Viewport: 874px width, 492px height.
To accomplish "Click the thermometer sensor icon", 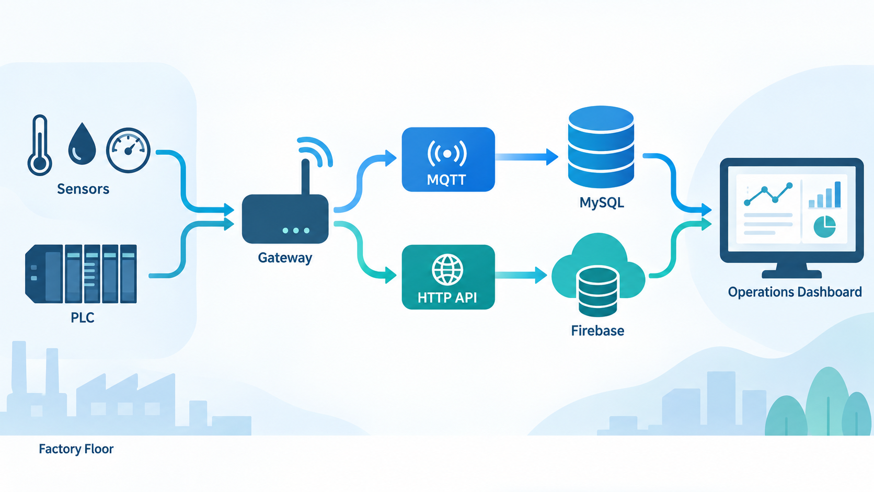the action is point(40,145).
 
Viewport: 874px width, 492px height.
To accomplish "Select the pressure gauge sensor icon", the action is point(129,150).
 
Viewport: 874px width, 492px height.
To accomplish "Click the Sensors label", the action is point(83,189).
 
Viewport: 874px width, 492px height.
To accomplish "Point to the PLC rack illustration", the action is point(81,274).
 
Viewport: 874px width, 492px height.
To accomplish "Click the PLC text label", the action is point(82,317).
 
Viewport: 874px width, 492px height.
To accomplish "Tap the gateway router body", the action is point(285,219).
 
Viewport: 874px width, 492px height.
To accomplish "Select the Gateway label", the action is point(285,258).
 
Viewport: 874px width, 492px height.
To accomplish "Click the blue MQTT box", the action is point(448,159).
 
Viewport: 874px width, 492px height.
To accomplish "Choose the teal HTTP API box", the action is point(448,277).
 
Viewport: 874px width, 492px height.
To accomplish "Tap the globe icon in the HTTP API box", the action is point(447,269).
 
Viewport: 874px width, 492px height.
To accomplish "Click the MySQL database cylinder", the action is point(601,147).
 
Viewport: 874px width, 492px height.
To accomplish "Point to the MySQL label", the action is point(602,202).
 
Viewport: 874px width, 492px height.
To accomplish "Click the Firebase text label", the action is point(597,331).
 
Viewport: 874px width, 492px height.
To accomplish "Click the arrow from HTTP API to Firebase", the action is point(521,275).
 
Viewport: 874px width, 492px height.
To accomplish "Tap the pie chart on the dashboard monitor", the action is point(824,226).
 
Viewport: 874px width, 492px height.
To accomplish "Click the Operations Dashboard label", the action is point(795,292).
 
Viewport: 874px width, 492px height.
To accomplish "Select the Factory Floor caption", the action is point(76,449).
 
